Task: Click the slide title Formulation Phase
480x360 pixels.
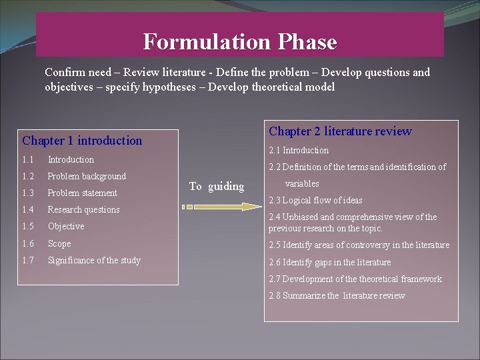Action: coord(240,42)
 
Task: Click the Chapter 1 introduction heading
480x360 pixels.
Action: coord(82,141)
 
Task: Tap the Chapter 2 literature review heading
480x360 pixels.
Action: coord(340,131)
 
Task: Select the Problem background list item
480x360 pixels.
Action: coord(87,177)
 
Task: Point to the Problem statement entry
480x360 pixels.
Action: coord(82,193)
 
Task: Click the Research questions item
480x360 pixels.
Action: coord(83,210)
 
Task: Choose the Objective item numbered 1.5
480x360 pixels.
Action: coord(66,227)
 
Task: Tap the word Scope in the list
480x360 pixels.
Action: coord(59,244)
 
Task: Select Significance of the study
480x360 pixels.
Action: coord(94,261)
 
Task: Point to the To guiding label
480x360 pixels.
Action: coord(217,187)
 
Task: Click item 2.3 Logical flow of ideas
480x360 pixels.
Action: coord(315,200)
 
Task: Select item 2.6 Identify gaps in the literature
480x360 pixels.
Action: coord(329,263)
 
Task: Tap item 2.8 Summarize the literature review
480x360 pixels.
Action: coord(337,296)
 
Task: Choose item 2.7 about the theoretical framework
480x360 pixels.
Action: coord(355,279)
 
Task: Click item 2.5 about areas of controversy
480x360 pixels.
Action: coord(359,245)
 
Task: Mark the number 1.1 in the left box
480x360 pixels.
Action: coord(27,160)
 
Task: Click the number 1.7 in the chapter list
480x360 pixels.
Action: coord(27,261)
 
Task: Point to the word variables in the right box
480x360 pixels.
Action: coord(302,184)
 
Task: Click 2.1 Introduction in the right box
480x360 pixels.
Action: coord(299,151)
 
